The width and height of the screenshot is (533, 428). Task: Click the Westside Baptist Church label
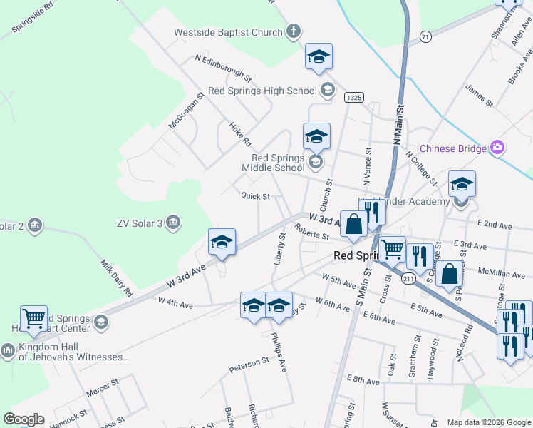[228, 32]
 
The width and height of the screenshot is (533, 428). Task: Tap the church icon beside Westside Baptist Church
[293, 31]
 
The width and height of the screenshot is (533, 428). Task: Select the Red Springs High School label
[262, 91]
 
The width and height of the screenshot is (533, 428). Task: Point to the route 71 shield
[425, 36]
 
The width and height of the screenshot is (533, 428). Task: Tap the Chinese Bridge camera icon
[497, 148]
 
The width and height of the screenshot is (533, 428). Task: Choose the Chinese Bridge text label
[452, 148]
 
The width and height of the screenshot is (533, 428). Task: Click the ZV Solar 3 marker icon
[172, 223]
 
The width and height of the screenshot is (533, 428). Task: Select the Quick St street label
[255, 196]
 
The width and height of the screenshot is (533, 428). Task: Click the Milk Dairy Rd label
[116, 277]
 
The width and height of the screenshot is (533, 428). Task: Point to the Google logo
[24, 419]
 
